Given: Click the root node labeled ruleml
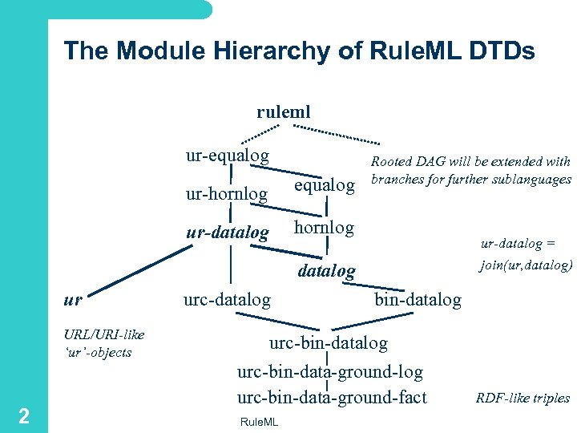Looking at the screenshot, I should tap(283, 111).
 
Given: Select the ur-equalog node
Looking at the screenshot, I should tap(228, 155).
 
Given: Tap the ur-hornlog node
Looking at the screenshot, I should tap(227, 193).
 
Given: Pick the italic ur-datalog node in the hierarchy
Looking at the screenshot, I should tap(228, 233).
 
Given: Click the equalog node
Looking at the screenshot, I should tap(325, 185).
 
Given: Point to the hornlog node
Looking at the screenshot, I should tap(324, 227).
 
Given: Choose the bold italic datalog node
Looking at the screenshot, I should tap(326, 271).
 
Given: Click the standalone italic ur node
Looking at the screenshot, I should tap(72, 300).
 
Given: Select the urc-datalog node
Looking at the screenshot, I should tap(228, 300).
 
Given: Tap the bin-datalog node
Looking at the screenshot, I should tap(418, 300).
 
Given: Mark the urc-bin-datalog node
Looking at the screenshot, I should tap(329, 343).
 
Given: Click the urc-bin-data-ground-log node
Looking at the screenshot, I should tap(330, 371).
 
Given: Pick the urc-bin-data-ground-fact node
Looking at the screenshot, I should tap(332, 397).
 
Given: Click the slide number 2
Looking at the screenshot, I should tap(24, 415).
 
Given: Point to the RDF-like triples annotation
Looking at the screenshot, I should tap(523, 399).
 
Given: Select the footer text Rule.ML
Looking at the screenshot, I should tap(258, 423).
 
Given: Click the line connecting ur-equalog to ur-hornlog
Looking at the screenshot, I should tap(232, 174).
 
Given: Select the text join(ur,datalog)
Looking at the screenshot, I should tap(526, 264).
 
